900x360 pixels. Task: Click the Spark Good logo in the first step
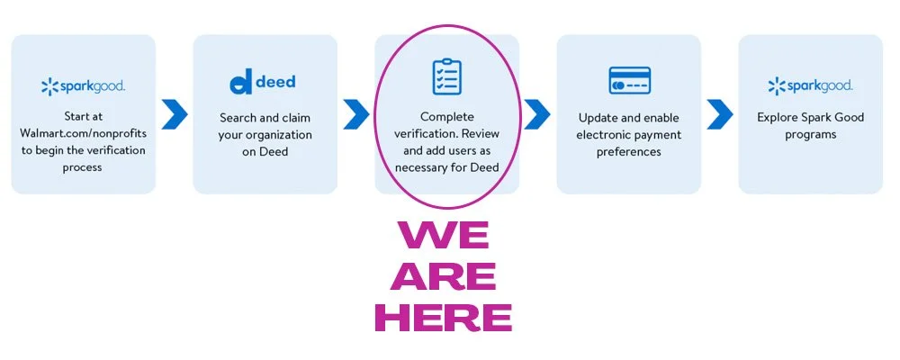click(83, 86)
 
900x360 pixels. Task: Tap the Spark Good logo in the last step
click(810, 86)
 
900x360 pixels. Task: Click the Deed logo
click(263, 83)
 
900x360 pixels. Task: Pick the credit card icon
click(629, 80)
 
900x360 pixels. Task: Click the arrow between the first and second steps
click(175, 113)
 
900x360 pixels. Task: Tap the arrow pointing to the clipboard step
click(356, 113)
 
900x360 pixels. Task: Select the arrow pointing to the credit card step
click(537, 113)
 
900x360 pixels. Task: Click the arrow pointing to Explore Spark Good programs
click(719, 113)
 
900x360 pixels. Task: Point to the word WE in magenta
click(445, 236)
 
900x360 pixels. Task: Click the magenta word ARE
click(444, 276)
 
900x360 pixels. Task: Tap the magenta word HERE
click(444, 317)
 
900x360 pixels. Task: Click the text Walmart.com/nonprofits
click(83, 134)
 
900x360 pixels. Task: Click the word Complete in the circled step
click(446, 117)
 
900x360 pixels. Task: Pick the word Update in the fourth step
click(598, 117)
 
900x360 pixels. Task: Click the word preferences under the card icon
click(629, 151)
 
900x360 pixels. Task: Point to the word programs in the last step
click(810, 134)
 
